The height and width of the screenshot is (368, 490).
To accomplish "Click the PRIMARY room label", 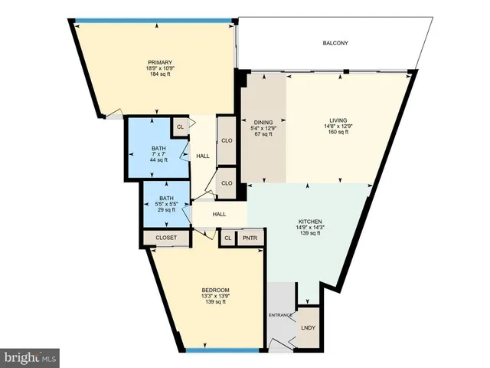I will (159, 63).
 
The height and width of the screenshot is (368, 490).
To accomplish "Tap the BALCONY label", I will (335, 44).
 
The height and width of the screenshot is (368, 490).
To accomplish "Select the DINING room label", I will (264, 121).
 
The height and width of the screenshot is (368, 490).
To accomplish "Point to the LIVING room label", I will (338, 120).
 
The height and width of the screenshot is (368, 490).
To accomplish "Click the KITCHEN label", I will (309, 221).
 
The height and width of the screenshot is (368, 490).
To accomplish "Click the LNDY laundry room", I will (308, 328).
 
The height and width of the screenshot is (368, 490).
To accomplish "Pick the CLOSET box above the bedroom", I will (166, 238).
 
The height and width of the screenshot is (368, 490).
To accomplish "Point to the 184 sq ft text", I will (160, 76).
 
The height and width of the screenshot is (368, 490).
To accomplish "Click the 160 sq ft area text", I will (338, 133).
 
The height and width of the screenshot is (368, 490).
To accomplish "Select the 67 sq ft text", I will (264, 134).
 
